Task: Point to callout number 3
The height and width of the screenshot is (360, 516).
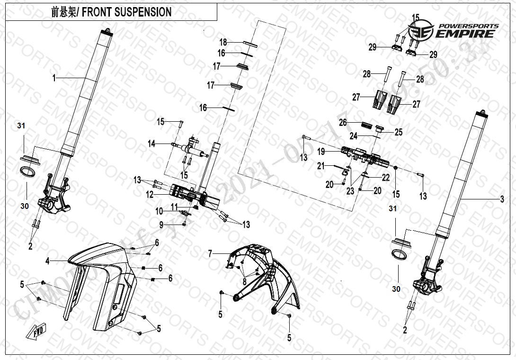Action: click(x=502, y=200)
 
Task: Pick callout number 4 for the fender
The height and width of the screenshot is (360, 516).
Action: click(x=47, y=261)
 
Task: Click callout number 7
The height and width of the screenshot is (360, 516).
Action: click(x=210, y=254)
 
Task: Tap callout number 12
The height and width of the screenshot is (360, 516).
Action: click(x=150, y=194)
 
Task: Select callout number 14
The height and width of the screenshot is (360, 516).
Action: click(x=151, y=144)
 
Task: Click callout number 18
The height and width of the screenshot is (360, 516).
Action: click(x=223, y=42)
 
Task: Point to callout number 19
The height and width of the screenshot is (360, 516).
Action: click(x=321, y=152)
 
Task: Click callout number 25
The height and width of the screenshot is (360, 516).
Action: click(x=399, y=133)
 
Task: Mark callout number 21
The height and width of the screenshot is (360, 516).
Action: click(x=320, y=166)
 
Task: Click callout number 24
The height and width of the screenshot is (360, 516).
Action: click(x=353, y=136)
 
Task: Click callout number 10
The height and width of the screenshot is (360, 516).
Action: click(x=159, y=210)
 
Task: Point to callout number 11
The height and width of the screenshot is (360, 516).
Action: click(x=174, y=206)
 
